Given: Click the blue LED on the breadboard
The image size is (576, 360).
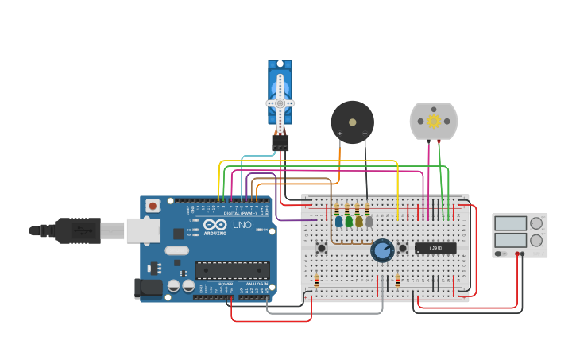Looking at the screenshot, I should tap(338, 221).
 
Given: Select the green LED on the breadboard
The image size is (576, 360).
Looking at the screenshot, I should tap(348, 221).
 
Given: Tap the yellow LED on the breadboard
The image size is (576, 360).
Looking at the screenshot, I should tap(358, 221).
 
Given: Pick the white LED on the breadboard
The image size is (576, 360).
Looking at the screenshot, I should tap(369, 221).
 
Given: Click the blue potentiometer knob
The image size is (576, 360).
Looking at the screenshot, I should tap(382, 251).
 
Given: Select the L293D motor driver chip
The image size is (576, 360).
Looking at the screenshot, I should tap(435, 248).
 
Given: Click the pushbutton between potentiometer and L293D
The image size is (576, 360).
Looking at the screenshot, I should tap(403, 248).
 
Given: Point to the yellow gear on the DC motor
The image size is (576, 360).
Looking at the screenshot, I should tap(434, 121).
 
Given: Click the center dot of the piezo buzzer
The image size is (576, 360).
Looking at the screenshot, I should tap(352, 122).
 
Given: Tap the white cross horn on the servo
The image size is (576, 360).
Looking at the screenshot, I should tap(280, 103).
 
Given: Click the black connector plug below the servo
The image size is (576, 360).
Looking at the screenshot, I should tap(280, 142).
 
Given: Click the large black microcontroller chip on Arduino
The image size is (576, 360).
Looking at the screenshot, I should tap(232, 270).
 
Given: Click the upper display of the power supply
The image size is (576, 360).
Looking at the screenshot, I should tap(510, 223).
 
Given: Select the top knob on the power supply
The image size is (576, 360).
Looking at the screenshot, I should tap(537, 223).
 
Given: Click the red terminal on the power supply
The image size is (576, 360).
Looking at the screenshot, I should tap(517, 254).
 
